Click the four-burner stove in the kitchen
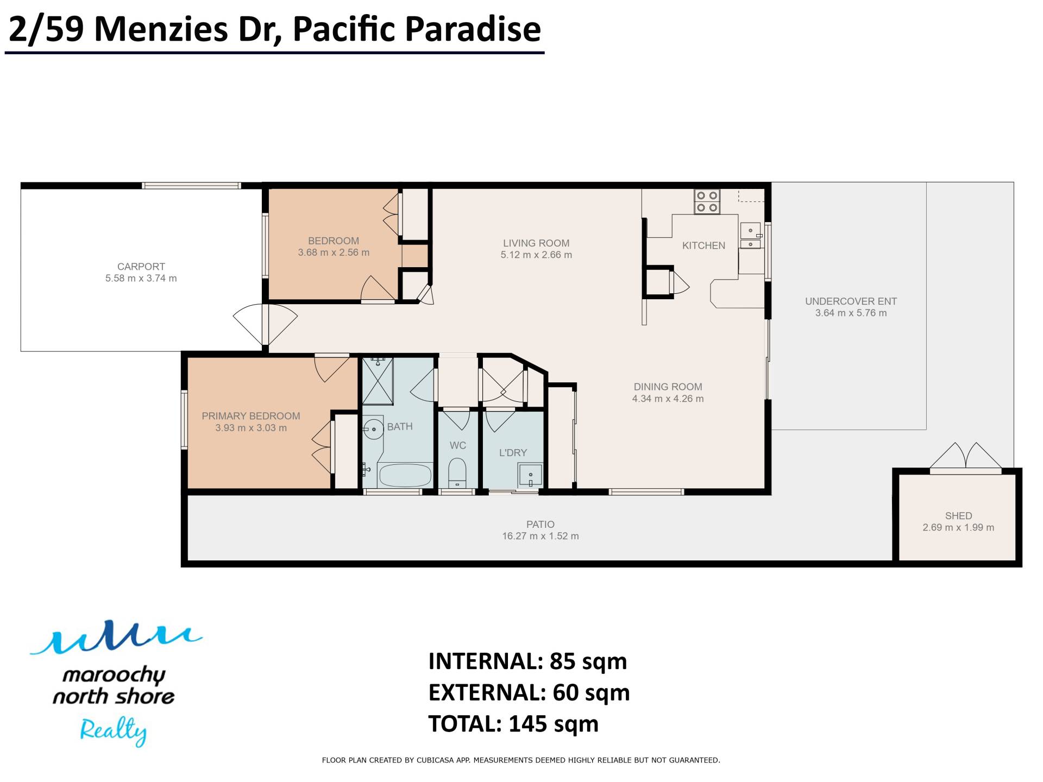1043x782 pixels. (x=707, y=201)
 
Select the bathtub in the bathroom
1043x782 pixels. (x=405, y=475)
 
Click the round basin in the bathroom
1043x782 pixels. (x=373, y=430)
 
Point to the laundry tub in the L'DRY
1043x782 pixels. (x=530, y=475)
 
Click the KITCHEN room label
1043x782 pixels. (x=703, y=245)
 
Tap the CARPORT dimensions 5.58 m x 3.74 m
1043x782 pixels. (x=141, y=278)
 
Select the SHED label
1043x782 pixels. (x=958, y=515)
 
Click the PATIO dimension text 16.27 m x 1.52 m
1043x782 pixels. (x=541, y=536)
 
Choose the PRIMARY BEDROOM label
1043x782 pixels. (x=251, y=416)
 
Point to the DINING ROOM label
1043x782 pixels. (x=668, y=387)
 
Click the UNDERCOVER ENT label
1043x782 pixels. (x=851, y=301)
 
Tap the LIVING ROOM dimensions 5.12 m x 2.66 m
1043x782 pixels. (x=536, y=255)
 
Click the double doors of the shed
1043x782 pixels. (x=965, y=456)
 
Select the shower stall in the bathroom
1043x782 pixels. (x=378, y=380)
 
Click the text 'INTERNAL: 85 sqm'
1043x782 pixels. (x=527, y=661)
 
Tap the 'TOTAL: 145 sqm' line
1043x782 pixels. (x=513, y=724)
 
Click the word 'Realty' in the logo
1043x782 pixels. (x=113, y=730)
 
